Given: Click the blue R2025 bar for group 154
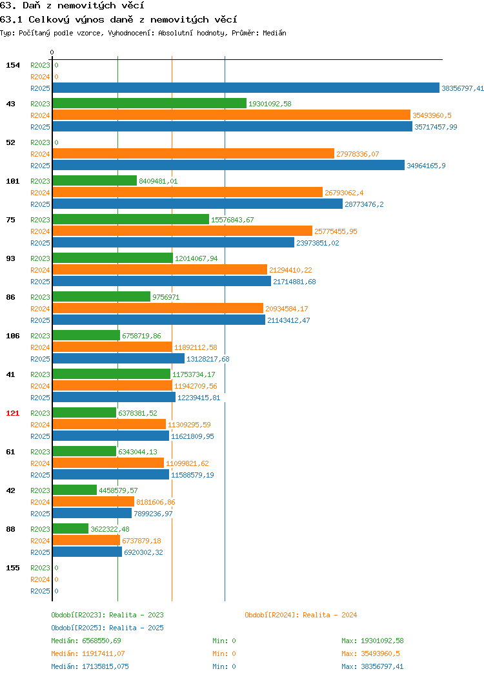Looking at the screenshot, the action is (x=246, y=88).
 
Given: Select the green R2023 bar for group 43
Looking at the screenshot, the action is (x=149, y=103).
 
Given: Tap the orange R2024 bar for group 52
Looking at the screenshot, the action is (x=194, y=153).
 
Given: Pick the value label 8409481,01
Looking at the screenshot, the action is (x=158, y=181).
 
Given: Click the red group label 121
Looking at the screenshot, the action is (x=12, y=413).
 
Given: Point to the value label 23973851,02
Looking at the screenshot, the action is (x=318, y=243).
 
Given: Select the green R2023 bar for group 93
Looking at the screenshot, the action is (x=112, y=258).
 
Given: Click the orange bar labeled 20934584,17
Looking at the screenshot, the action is (x=158, y=308).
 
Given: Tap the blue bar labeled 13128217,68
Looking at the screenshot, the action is (x=119, y=358).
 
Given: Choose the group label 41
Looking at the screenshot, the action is (x=11, y=374).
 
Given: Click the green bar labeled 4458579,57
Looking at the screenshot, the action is (x=74, y=490).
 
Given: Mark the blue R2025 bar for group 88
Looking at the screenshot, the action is (x=88, y=552).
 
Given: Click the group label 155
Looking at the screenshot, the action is (x=12, y=568).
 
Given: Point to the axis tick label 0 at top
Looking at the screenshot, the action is (x=52, y=52).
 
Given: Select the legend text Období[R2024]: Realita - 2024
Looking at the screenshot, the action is (x=301, y=615).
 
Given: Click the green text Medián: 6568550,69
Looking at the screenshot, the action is (x=86, y=641).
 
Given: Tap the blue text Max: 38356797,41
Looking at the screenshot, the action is (x=372, y=666).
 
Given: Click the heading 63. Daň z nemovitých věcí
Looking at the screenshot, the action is (x=72, y=6).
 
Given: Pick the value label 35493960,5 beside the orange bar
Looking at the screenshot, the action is (x=432, y=115).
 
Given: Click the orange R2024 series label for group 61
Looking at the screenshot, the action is (x=40, y=463).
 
